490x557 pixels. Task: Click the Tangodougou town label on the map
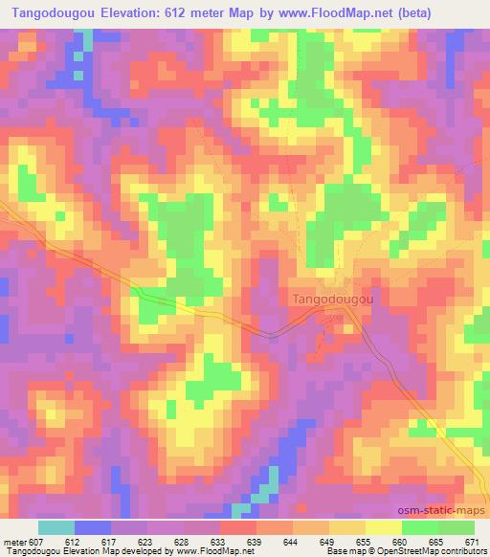click(331, 298)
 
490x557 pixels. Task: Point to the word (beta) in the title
click(409, 13)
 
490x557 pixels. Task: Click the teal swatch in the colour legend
click(56, 528)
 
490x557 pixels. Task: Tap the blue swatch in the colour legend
click(93, 528)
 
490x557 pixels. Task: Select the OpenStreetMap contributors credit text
click(435, 551)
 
